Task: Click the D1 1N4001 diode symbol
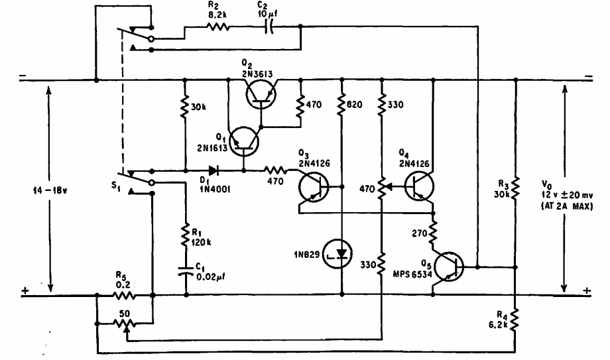point(213,169)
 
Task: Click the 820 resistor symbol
point(343,104)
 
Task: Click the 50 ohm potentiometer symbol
point(124,324)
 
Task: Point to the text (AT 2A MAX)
point(566,207)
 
